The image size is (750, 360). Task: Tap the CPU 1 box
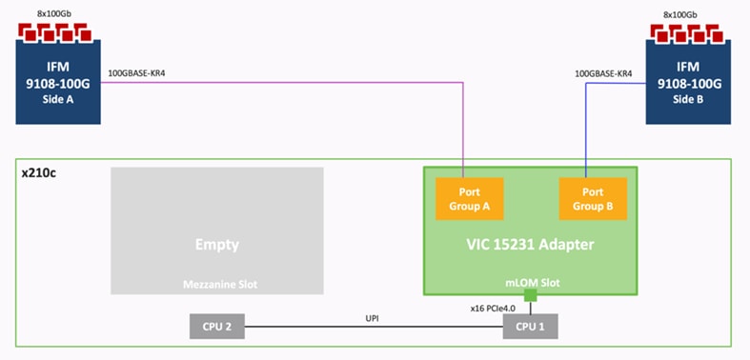(x=530, y=327)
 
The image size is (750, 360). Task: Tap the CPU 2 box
(x=217, y=327)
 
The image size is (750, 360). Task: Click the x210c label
(x=39, y=175)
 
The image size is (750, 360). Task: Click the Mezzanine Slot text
(x=217, y=284)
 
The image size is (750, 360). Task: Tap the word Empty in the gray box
(x=217, y=245)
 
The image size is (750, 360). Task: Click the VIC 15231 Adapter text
(x=530, y=245)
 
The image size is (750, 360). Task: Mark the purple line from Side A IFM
(x=286, y=84)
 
